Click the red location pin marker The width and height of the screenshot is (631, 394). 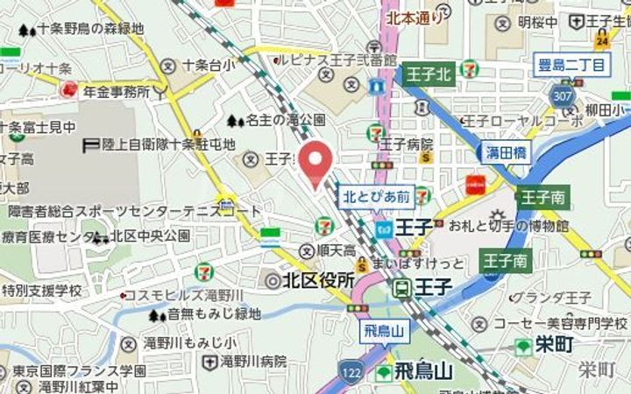[x=315, y=162]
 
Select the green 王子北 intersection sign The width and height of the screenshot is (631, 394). [x=429, y=74]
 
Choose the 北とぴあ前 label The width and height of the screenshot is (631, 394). [x=376, y=198]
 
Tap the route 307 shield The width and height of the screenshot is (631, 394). [x=561, y=93]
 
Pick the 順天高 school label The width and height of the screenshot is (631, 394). [x=336, y=250]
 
